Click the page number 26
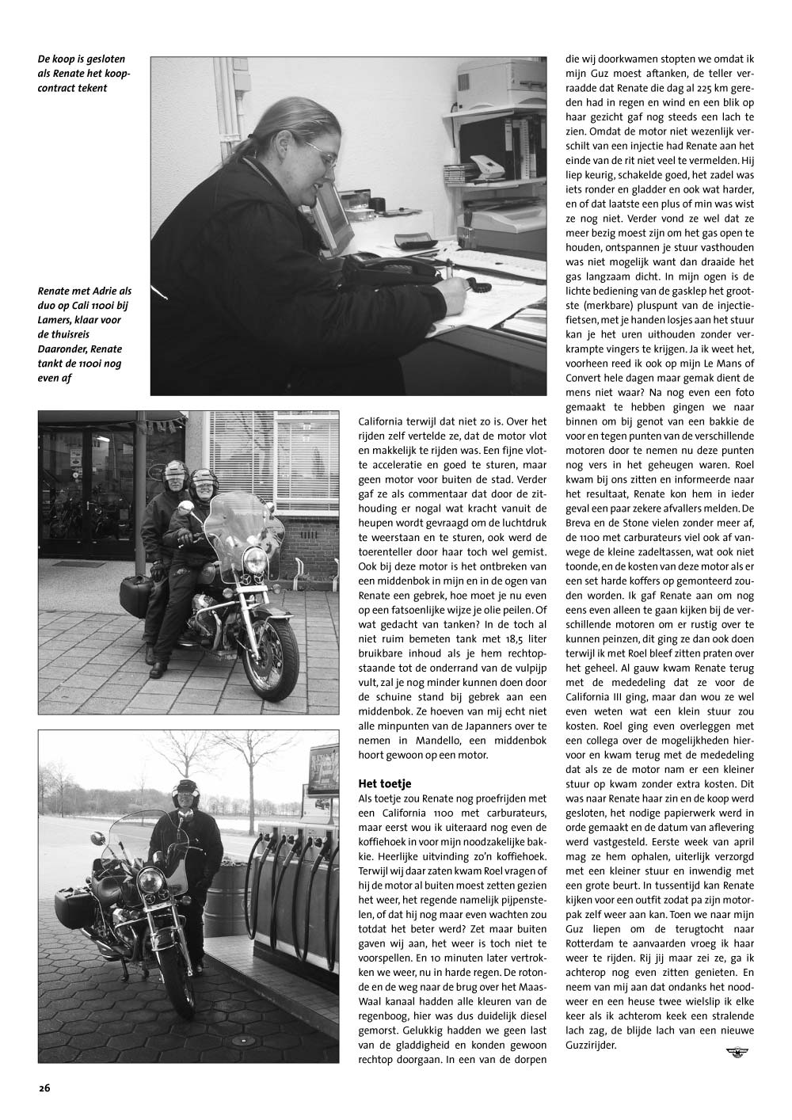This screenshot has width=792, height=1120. coord(44,1088)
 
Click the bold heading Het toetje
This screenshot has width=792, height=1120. coord(385,784)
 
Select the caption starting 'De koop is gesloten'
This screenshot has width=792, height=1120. coord(83,73)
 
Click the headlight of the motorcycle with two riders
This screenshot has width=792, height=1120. coord(255,560)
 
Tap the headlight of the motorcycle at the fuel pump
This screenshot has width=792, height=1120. coord(151,882)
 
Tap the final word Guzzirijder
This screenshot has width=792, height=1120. coord(592,1045)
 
